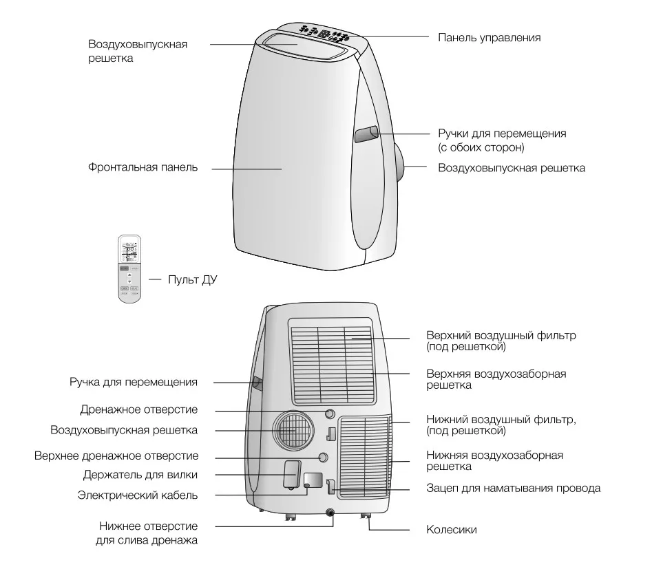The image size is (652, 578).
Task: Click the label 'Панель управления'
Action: click(489, 37)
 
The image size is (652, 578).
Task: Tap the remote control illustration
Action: click(129, 268)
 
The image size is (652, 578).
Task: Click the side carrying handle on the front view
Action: click(366, 133)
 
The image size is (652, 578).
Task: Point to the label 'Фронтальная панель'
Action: click(143, 167)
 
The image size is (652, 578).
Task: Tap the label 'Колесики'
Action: click(452, 530)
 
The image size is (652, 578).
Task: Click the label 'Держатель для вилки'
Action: click(140, 475)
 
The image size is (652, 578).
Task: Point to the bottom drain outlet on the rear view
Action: click(331, 513)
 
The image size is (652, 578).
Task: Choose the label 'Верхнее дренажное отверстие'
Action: click(116, 456)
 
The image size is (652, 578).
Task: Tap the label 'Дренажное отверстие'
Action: click(138, 409)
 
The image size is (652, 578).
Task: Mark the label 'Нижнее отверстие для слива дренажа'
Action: click(147, 533)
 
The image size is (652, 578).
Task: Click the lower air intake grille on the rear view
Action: click(364, 456)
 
